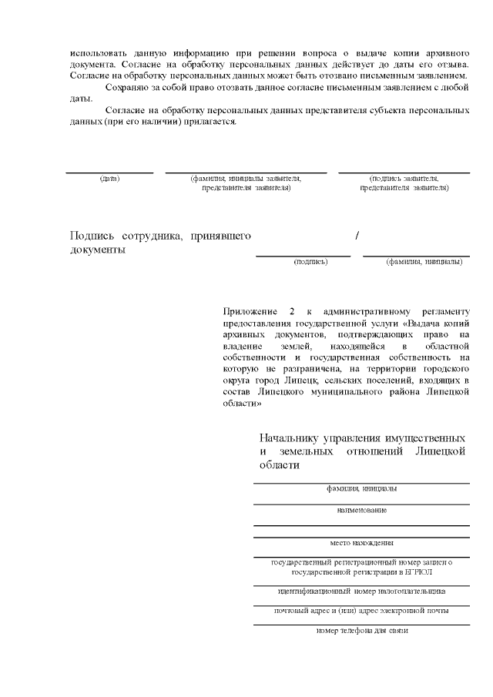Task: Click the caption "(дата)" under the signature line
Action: [109, 179]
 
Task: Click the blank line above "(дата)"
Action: [109, 173]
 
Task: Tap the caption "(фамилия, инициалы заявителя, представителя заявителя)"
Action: [246, 183]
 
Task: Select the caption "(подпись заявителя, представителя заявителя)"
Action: [404, 183]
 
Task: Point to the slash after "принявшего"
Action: [357, 236]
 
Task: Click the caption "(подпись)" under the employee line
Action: [310, 262]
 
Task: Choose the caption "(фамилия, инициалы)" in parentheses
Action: [424, 262]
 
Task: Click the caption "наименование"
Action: [361, 510]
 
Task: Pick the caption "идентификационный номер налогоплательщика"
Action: [361, 591]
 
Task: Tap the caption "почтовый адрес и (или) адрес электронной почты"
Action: [361, 611]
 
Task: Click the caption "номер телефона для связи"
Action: [361, 631]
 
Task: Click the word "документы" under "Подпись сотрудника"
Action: [98, 250]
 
